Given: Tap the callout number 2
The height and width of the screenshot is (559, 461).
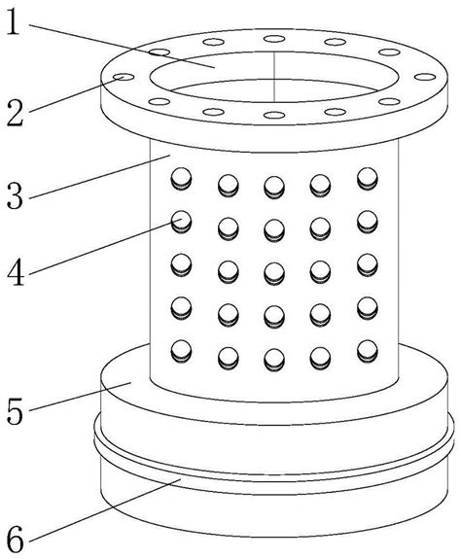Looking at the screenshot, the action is (16, 113).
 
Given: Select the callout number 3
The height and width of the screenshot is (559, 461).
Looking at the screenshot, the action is (15, 195).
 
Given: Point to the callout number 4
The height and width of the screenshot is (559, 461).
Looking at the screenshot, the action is (16, 273).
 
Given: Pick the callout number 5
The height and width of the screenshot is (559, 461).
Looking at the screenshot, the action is (15, 411).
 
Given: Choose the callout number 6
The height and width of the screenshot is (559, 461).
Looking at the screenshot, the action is (16, 540).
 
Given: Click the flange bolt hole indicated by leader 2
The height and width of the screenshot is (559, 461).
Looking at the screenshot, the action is (124, 77).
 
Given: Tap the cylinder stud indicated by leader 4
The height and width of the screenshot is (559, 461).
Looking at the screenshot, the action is (181, 222).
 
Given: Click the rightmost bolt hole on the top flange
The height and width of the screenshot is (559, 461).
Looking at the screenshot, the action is (425, 77).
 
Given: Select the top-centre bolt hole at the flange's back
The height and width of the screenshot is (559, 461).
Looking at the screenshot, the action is (274, 39).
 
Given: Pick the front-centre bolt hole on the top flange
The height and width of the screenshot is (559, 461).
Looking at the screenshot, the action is (274, 115).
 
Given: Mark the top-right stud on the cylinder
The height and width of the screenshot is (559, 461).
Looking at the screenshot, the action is (368, 179).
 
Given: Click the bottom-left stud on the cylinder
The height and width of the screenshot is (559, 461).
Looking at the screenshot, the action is (181, 351).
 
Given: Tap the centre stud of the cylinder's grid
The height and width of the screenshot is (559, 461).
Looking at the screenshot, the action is (274, 273).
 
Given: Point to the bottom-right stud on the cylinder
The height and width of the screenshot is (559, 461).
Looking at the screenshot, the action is (368, 351).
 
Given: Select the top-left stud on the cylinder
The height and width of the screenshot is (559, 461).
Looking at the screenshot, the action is (181, 179).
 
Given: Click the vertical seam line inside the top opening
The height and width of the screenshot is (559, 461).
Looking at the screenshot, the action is (274, 77).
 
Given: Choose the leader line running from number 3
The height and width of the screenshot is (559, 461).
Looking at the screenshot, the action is (100, 177).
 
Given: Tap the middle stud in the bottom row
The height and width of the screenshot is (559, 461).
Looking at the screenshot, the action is (274, 360).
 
